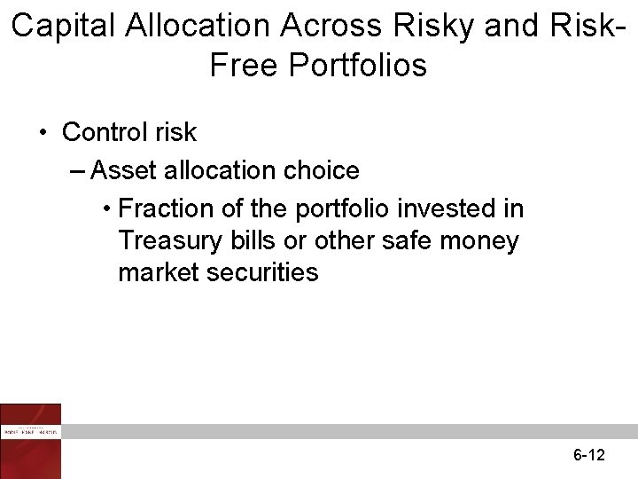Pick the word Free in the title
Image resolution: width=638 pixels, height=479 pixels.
tap(241, 66)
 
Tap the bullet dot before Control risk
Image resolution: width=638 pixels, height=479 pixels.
tap(43, 134)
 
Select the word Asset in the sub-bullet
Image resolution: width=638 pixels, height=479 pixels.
tap(121, 170)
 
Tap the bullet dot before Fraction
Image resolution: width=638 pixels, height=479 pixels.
tap(105, 210)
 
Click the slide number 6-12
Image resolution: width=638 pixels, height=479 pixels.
tap(588, 456)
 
